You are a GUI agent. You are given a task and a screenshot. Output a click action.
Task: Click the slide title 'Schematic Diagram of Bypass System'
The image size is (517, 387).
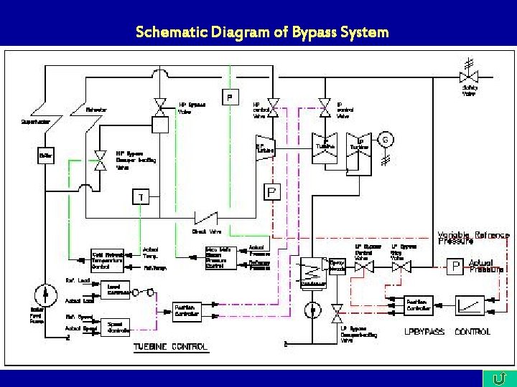point(262,32)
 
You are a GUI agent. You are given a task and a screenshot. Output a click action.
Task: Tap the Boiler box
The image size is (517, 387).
point(46,156)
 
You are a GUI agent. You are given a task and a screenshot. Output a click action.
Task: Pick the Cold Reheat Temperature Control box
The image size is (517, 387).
point(107,259)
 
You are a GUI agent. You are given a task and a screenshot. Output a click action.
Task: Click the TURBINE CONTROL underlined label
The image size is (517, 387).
point(170,348)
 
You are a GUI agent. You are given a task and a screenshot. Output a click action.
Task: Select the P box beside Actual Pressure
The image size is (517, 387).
point(455,267)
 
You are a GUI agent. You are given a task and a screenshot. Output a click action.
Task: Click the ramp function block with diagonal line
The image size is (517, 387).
point(470,304)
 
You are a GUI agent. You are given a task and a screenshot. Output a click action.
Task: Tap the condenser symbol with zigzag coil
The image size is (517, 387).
point(313,271)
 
